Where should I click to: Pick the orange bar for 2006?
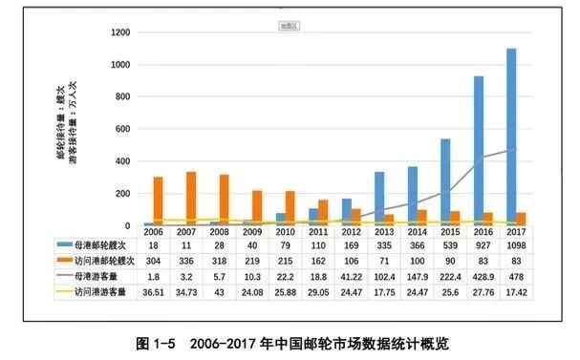pos(158,201)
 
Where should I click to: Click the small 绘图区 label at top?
pos(289,26)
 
